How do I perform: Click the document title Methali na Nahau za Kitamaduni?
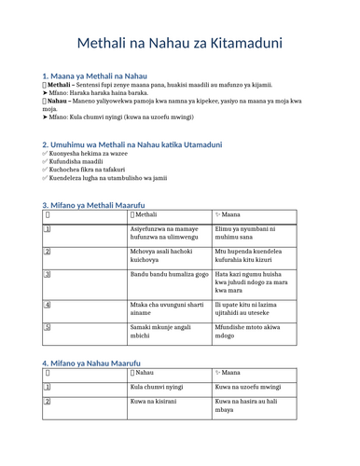click(x=180, y=43)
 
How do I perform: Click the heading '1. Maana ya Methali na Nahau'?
click(x=95, y=75)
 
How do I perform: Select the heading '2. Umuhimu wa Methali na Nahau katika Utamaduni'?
click(x=132, y=144)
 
